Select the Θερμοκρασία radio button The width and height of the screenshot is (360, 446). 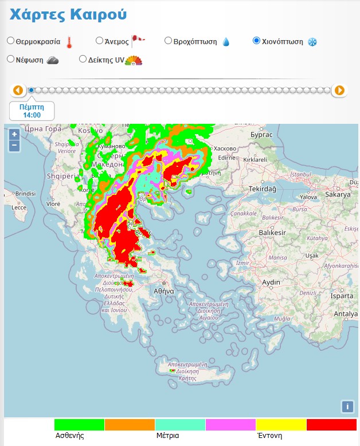point(11,41)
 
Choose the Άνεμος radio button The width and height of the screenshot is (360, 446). point(99,41)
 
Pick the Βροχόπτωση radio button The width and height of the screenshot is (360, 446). point(168,41)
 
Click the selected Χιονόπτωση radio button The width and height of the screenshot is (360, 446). point(256,41)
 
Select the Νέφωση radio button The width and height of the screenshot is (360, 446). point(11,58)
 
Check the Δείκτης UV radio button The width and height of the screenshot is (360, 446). point(83,58)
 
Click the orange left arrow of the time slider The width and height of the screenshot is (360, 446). point(18,90)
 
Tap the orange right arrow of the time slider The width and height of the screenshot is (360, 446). point(339,90)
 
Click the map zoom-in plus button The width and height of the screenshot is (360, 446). point(14,134)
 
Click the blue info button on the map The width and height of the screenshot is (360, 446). point(347,406)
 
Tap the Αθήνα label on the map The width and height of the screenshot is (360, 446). point(163,291)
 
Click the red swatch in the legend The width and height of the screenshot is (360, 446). point(331,425)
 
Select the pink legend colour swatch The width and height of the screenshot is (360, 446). point(230,425)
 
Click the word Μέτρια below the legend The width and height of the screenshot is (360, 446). point(167,436)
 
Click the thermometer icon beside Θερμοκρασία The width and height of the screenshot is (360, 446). point(69,42)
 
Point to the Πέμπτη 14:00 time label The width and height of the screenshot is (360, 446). point(32,111)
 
